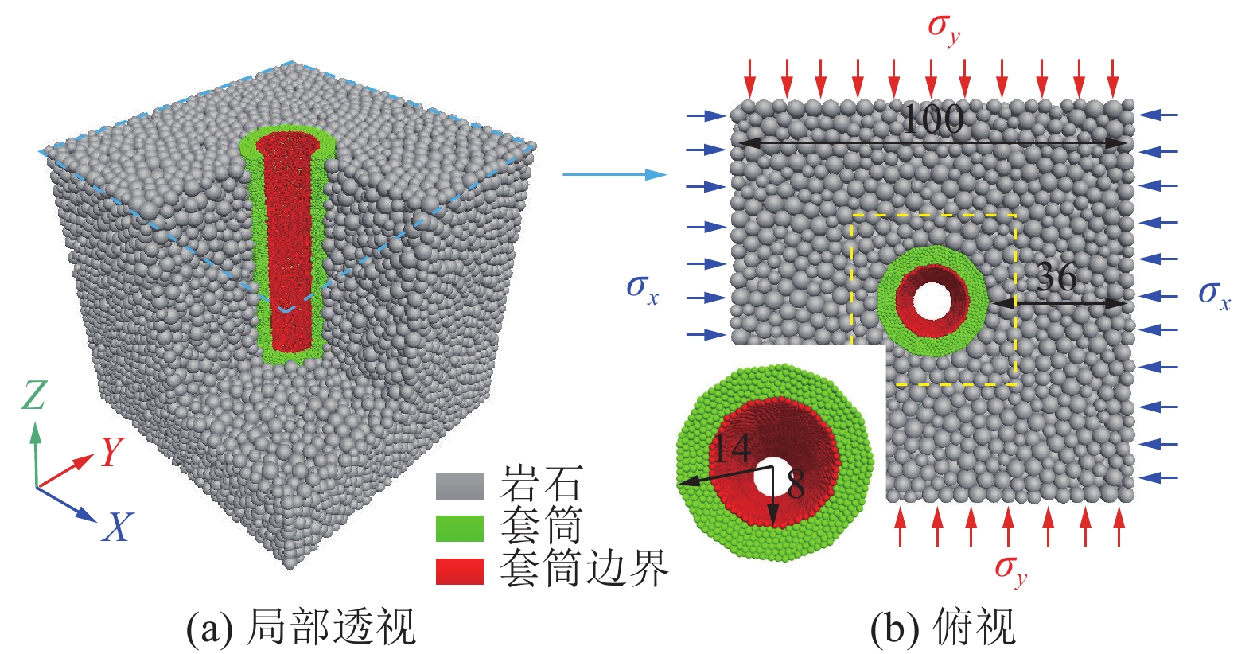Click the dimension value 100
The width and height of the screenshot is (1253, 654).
[933, 119]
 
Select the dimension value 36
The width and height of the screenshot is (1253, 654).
[1056, 276]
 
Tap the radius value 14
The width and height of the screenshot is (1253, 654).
[732, 448]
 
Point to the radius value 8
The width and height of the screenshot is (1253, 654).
[796, 484]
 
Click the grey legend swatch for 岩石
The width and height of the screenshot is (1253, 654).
[460, 486]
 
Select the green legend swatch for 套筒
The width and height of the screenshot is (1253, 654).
[460, 528]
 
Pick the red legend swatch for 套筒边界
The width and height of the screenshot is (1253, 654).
[460, 571]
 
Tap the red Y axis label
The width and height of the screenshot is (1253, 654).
[113, 452]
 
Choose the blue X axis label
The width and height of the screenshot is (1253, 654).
[118, 526]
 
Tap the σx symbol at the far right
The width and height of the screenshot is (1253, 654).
[1214, 295]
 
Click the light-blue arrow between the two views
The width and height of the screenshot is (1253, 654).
[615, 174]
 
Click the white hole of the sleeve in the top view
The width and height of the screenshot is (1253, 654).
[932, 301]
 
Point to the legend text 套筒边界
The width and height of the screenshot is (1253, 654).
[584, 568]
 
